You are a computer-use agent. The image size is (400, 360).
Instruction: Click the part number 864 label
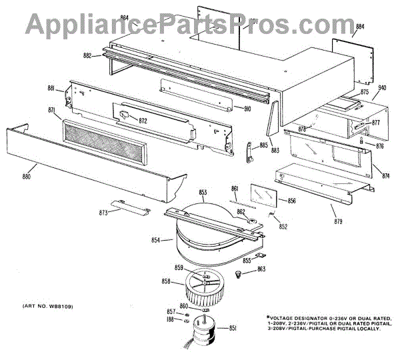(x=125, y=18)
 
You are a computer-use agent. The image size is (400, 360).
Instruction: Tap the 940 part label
(x=383, y=87)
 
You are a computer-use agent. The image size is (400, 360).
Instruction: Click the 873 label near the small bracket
(x=104, y=213)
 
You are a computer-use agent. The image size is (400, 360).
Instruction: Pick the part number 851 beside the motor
(x=233, y=327)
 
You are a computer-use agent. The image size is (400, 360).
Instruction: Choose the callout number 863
(x=261, y=269)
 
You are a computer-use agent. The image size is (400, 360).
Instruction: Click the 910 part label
(x=246, y=109)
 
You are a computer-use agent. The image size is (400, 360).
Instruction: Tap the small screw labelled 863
(x=240, y=275)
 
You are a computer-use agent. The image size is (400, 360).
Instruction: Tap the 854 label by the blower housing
(x=155, y=239)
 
